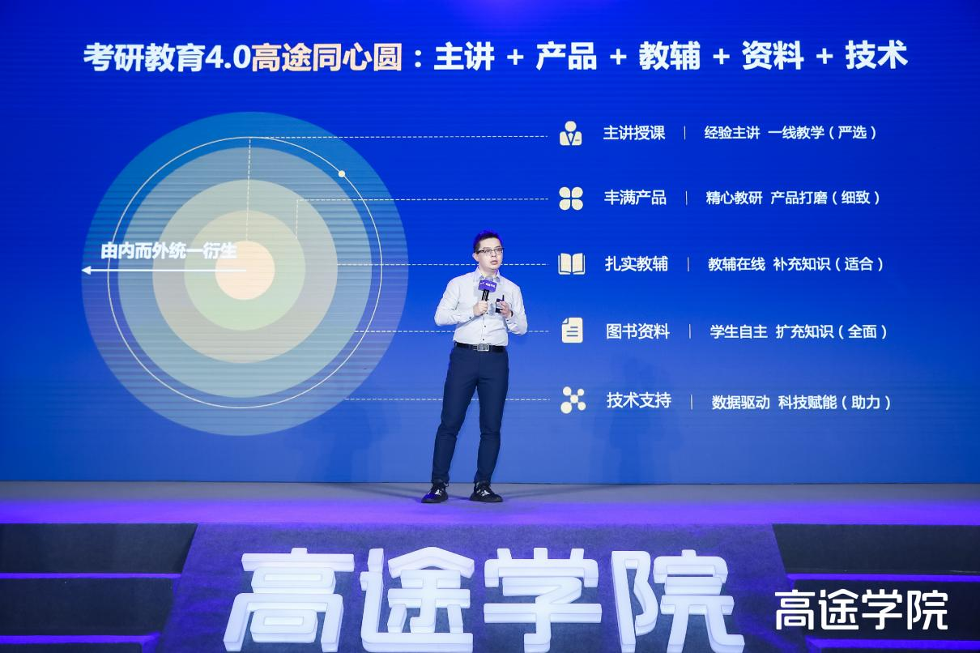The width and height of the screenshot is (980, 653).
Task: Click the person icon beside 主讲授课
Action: point(570,133)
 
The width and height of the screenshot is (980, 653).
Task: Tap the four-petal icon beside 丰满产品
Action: point(571,198)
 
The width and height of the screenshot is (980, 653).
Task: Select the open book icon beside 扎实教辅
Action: point(571,264)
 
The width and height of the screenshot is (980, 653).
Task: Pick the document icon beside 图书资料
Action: point(573,330)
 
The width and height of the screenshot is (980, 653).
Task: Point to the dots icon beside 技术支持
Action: point(573,400)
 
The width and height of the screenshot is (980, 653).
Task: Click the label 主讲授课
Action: point(634,133)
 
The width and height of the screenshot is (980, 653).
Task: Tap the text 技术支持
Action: point(639,400)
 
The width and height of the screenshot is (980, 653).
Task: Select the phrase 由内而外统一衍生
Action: point(169,251)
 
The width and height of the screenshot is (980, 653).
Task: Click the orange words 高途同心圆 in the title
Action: point(327,57)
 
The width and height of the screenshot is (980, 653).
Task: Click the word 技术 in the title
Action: point(876,56)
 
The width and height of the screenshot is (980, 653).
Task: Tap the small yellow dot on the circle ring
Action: point(342,174)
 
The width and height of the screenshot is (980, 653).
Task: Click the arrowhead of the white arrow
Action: point(86,271)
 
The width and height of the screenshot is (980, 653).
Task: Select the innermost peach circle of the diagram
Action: point(245,270)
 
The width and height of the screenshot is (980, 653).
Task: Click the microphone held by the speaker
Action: point(485,292)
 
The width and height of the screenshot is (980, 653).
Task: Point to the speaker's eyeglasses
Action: point(489,251)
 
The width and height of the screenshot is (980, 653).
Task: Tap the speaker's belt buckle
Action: point(483,348)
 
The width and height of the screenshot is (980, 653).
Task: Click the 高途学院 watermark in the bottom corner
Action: point(861,611)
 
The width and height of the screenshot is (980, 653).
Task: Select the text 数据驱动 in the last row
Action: point(740,402)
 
